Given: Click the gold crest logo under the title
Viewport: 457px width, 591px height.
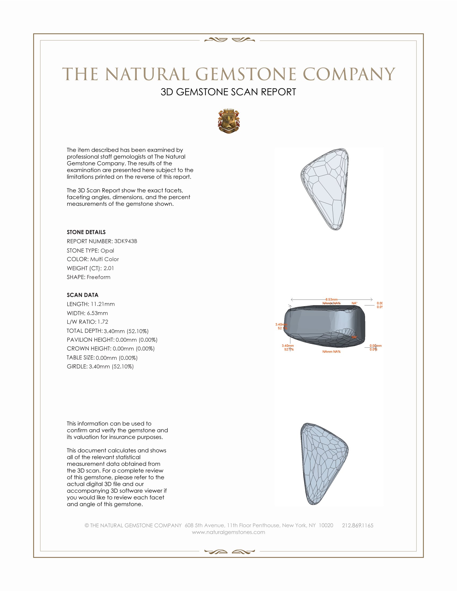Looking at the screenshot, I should pyautogui.click(x=229, y=121).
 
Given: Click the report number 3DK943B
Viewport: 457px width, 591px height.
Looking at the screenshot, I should pyautogui.click(x=125, y=241).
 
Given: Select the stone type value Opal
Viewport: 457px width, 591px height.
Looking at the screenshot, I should pyautogui.click(x=107, y=251).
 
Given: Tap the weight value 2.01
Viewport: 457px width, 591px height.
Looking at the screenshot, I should pyautogui.click(x=109, y=268).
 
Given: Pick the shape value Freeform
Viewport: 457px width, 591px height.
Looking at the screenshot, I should pyautogui.click(x=99, y=277).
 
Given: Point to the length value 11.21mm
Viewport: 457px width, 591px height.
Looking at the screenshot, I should pyautogui.click(x=103, y=304).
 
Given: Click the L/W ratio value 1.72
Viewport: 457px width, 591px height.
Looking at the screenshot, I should pyautogui.click(x=103, y=322).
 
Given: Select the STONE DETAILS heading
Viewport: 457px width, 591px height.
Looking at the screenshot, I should pyautogui.click(x=86, y=232).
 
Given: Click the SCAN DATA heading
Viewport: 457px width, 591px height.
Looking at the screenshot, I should pyautogui.click(x=83, y=295).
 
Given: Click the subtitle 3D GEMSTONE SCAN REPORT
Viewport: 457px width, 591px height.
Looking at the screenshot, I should pyautogui.click(x=228, y=92).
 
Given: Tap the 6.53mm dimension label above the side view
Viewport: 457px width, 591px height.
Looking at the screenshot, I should pyautogui.click(x=331, y=299).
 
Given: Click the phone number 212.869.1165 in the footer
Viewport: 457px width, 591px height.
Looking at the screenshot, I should pyautogui.click(x=357, y=525).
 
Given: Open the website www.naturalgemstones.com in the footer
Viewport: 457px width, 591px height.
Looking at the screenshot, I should pyautogui.click(x=228, y=532).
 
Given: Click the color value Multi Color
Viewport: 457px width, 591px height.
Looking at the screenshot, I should pyautogui.click(x=105, y=259).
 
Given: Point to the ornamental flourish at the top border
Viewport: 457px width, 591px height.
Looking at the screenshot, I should pyautogui.click(x=229, y=40).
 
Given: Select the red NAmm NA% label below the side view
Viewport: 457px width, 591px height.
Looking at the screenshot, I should pyautogui.click(x=331, y=352).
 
